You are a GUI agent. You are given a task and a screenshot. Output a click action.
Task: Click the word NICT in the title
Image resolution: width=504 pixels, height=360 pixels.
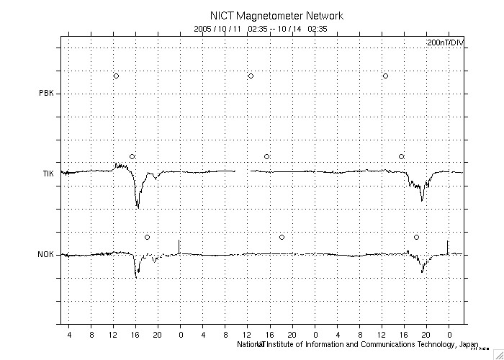point(221,15)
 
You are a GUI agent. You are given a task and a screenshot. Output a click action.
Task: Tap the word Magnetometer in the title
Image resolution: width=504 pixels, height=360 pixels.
point(266,15)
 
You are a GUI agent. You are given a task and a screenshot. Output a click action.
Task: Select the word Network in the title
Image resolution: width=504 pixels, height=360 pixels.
point(322,15)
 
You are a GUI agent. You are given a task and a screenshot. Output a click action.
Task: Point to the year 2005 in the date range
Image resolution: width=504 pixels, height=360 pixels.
point(204,29)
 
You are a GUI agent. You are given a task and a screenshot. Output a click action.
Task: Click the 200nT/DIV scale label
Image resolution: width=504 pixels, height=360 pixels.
point(445,43)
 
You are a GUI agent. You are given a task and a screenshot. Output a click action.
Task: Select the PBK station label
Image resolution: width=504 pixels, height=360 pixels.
point(47,93)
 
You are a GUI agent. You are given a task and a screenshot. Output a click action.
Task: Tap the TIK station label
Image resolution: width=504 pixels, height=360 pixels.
point(48,174)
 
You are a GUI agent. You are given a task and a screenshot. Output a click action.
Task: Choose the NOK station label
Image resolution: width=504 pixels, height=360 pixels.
point(47,254)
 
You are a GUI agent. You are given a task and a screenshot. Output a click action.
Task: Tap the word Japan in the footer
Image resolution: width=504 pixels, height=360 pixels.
point(468,344)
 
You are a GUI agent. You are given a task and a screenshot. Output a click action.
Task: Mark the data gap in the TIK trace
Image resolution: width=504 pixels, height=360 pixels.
point(242,171)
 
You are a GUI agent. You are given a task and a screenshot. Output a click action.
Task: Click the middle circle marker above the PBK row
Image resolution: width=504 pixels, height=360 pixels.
point(251,76)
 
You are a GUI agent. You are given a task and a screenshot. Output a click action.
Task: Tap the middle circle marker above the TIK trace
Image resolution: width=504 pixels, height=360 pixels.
point(266,156)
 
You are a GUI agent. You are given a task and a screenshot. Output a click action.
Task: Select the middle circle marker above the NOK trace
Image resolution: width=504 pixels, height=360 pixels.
point(282,237)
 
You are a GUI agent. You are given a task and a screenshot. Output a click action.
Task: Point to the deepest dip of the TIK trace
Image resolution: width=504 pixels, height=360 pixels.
point(138,207)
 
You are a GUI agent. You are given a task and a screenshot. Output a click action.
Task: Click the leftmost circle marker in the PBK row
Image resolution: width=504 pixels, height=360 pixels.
point(116,76)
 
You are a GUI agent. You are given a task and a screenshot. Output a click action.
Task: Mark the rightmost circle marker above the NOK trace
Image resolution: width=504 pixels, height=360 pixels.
point(416,237)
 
